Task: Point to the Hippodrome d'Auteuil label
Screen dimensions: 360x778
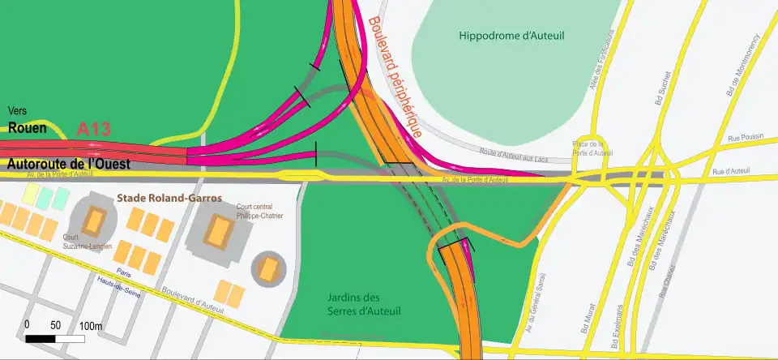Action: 499,36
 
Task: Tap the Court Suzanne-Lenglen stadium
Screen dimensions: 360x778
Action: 96,220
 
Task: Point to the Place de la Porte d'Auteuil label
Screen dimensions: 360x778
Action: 592,148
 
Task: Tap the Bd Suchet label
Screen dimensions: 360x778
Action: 660,104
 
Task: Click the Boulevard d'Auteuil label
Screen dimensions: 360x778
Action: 192,298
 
